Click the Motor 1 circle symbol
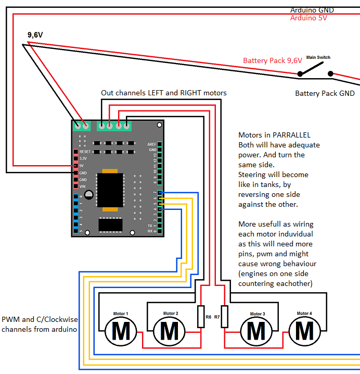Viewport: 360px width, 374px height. point(121,330)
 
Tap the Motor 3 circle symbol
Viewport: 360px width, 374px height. point(255,330)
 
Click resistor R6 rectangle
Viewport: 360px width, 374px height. point(201,317)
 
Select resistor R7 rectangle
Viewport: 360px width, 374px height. point(224,317)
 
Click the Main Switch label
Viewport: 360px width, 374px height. point(318,57)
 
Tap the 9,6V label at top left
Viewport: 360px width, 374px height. point(35,35)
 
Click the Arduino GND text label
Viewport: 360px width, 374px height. point(312,10)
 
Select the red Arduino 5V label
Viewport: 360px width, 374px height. point(308,18)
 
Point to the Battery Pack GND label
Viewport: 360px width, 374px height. point(325,93)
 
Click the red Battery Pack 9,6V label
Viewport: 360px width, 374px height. point(272,60)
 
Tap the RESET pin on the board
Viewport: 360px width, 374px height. point(76,151)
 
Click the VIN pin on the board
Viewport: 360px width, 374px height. point(76,186)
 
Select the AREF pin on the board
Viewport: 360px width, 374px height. point(160,144)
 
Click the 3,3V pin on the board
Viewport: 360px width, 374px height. point(76,158)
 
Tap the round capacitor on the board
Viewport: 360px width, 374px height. point(89,195)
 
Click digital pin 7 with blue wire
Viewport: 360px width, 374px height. point(160,192)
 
